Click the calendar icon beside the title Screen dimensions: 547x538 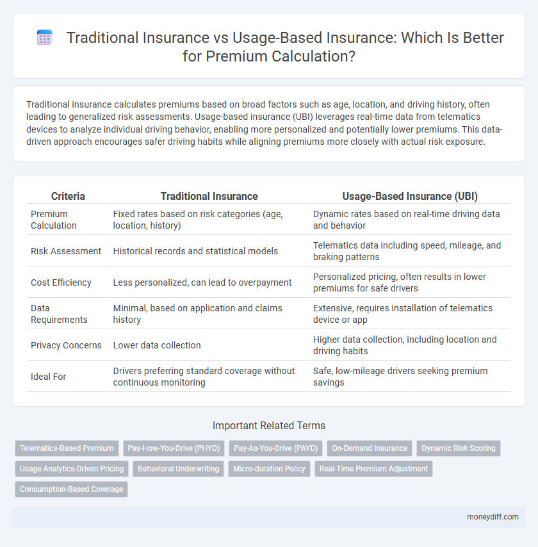click(44, 38)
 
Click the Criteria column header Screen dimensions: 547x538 click(68, 197)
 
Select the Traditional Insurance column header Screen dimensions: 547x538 click(209, 197)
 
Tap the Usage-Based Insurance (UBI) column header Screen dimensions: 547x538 click(410, 197)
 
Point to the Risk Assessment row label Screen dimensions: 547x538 click(66, 251)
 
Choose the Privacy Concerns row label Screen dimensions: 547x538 click(66, 345)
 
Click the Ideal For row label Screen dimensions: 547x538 click(49, 377)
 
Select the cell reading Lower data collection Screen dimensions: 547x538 click(157, 345)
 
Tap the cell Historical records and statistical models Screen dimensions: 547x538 click(195, 251)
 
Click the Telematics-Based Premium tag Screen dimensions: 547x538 click(67, 448)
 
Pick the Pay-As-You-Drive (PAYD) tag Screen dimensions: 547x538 click(275, 448)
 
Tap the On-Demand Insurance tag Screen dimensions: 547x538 click(370, 448)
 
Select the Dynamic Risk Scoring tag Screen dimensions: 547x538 click(459, 448)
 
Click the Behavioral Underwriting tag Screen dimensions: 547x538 click(178, 469)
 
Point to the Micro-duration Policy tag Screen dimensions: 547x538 click(269, 469)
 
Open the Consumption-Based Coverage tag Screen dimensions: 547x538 click(71, 489)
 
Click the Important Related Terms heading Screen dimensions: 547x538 click(268, 426)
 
